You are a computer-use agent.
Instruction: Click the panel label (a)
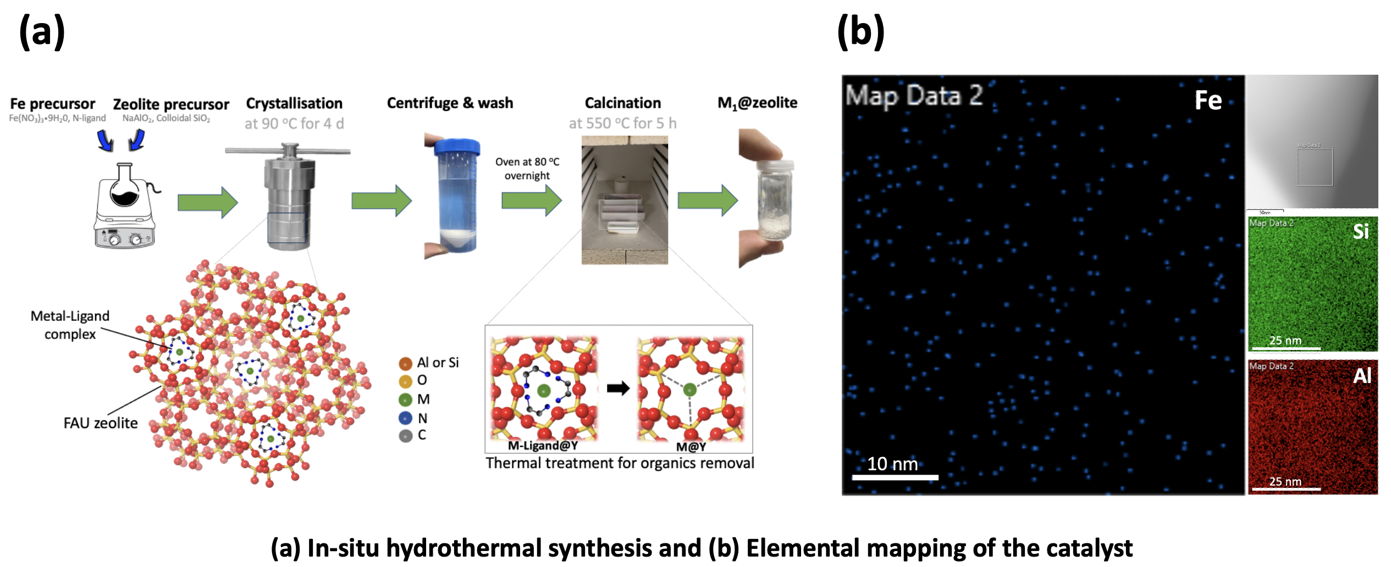point(42,32)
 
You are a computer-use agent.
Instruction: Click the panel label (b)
point(860,32)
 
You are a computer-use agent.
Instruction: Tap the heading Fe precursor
point(53,104)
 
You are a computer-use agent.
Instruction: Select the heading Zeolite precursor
point(170,104)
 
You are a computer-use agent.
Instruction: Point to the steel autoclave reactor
point(288,198)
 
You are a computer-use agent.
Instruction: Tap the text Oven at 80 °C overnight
point(527,169)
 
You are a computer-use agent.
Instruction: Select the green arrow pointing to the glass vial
point(707,200)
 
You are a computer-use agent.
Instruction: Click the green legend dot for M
point(406,399)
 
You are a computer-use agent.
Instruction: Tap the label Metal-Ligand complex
point(70,325)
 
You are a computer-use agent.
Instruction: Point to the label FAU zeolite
point(101,423)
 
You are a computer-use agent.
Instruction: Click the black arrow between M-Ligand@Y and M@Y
point(618,388)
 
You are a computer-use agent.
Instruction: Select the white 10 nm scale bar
point(895,477)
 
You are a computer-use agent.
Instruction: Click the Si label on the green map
point(1361,231)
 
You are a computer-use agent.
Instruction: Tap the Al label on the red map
point(1362,376)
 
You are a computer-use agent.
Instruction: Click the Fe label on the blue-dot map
point(1208,101)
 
